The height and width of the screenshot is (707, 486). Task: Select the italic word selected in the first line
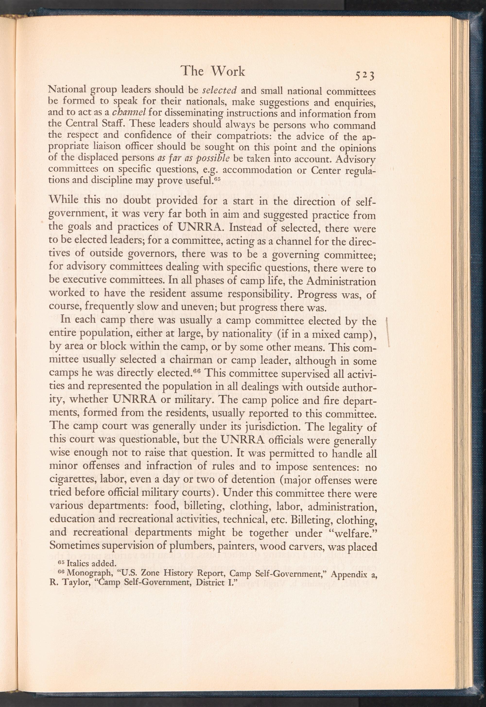coord(220,91)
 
